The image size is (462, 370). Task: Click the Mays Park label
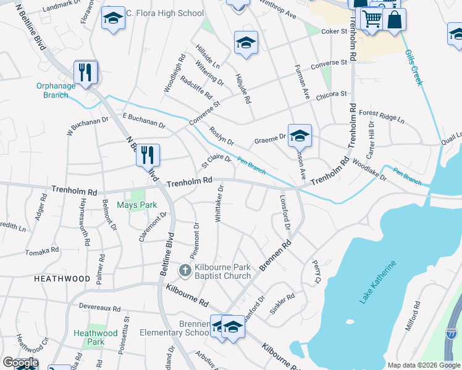coord(137,205)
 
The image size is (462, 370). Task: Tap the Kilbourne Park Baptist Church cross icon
coord(185,270)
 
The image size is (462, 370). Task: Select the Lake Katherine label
coord(378,282)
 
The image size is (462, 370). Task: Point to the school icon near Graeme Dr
coord(300,134)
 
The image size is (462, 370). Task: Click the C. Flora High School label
coord(164,13)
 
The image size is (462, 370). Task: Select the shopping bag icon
coord(393,19)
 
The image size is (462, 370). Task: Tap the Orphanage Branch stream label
coord(56,90)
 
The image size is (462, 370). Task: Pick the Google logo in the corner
coord(20,363)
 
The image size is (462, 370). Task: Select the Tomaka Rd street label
coord(42,252)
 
